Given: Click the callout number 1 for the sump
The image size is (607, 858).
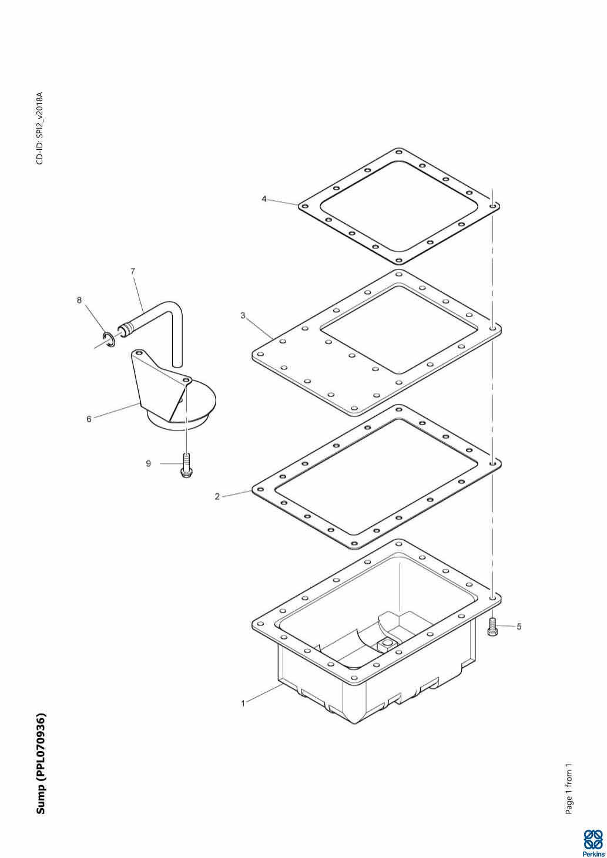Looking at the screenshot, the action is tap(243, 704).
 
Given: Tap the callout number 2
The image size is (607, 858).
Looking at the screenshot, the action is tap(217, 497).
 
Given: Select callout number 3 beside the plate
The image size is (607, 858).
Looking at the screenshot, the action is tap(243, 315).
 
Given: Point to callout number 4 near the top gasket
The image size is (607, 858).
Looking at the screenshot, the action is tap(264, 199).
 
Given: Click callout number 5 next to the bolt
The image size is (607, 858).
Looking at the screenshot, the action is tap(519, 627).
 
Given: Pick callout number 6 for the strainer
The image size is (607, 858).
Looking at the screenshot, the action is tap(89, 419).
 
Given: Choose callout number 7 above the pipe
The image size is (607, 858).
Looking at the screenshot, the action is tap(133, 271).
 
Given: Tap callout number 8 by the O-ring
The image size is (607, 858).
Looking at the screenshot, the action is tap(79, 300).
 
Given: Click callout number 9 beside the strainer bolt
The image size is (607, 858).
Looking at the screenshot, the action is tap(148, 464).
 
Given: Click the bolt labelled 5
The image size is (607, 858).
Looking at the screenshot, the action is tap(492, 627).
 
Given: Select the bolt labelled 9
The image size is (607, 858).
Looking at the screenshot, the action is tap(186, 465).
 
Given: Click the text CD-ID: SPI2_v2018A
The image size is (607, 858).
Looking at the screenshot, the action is tap(40, 128).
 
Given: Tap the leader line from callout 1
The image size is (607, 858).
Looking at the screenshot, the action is tap(264, 694).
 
